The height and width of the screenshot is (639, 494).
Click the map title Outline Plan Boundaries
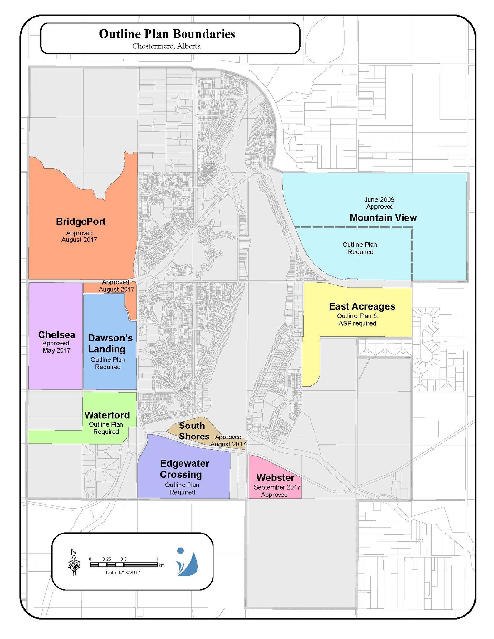pos(167,34)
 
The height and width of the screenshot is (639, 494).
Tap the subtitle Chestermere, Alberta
pos(166,46)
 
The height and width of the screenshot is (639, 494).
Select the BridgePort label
pos(81,222)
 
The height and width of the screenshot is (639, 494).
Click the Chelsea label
pos(56,335)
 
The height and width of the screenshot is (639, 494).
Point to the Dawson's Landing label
pos(110,343)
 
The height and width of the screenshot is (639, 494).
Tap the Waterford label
pos(107,415)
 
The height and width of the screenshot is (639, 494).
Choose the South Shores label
pos(193,431)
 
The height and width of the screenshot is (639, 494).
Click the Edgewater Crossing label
pos(184,469)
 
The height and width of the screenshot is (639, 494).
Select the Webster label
pos(275,477)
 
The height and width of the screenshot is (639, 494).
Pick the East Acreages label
pos(362,306)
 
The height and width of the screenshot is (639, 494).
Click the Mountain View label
pos(383,218)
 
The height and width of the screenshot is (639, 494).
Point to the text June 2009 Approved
pos(379,203)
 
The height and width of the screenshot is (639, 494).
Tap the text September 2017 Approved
pos(276,491)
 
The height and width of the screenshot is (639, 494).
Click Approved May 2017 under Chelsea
pos(56,347)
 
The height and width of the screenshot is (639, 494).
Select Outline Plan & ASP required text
pos(357,319)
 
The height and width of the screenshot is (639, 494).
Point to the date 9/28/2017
pos(123,573)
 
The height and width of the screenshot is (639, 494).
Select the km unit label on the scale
pos(162,565)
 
